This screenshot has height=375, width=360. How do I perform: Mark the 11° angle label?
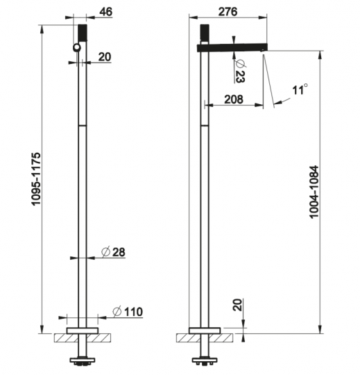coord(299,90)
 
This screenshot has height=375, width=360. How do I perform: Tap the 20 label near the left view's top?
coord(104,57)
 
